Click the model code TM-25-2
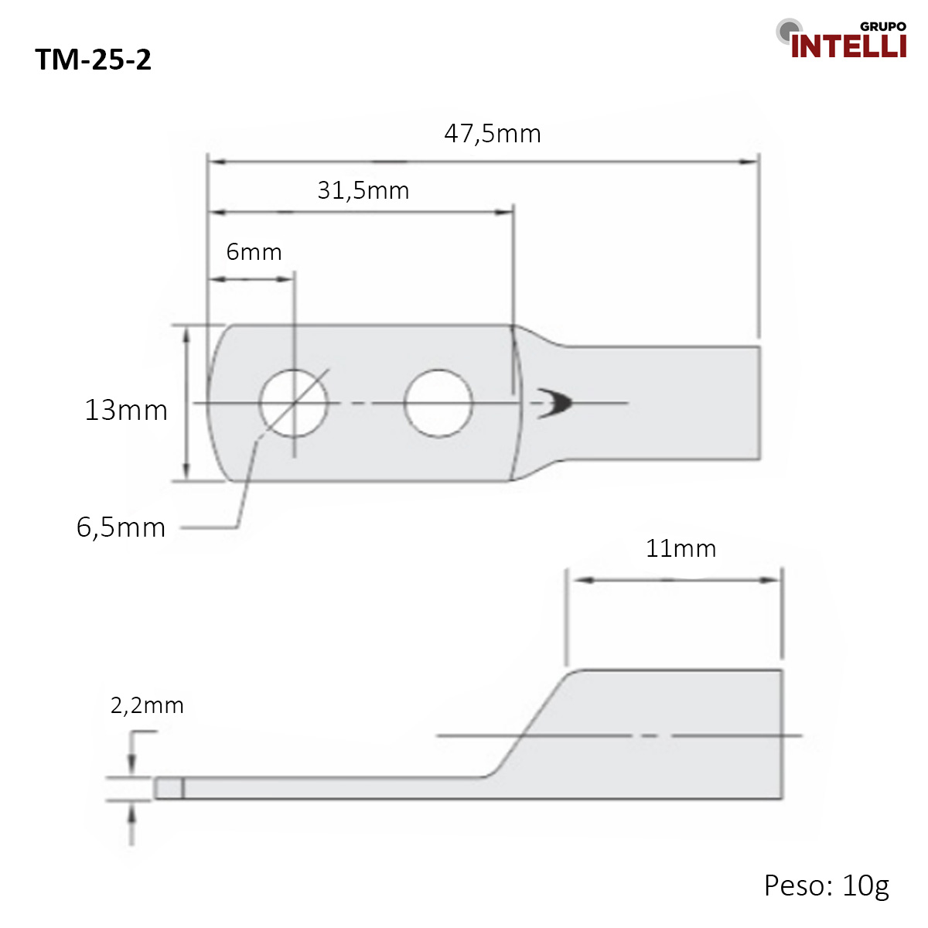tap(94, 60)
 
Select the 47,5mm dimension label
tap(493, 134)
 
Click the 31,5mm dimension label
tap(363, 190)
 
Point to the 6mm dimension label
tap(254, 252)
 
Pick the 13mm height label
tap(126, 410)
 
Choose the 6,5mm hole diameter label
tap(121, 527)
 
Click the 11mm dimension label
tap(681, 548)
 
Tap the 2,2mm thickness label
tap(147, 705)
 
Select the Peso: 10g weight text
tap(826, 885)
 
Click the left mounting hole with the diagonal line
tap(293, 403)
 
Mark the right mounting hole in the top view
tap(438, 403)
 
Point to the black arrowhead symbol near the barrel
tap(555, 403)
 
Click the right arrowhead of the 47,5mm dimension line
tap(749, 162)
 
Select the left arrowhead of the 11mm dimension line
tap(579, 579)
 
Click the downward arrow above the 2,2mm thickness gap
tap(132, 766)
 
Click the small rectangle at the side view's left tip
tap(169, 788)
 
